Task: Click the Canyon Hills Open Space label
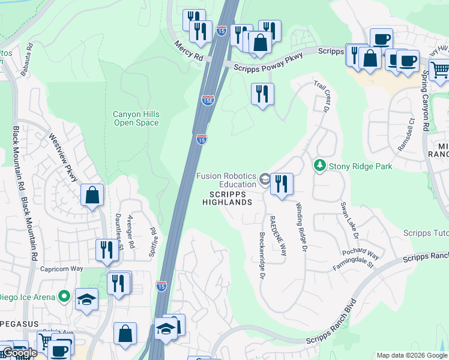click(x=136, y=118)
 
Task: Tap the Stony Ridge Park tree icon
click(x=319, y=165)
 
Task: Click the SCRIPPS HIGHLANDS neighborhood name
click(x=231, y=198)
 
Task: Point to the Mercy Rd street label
click(x=190, y=50)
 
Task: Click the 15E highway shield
click(x=208, y=101)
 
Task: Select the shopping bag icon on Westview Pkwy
click(x=92, y=195)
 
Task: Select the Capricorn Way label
click(x=61, y=269)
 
